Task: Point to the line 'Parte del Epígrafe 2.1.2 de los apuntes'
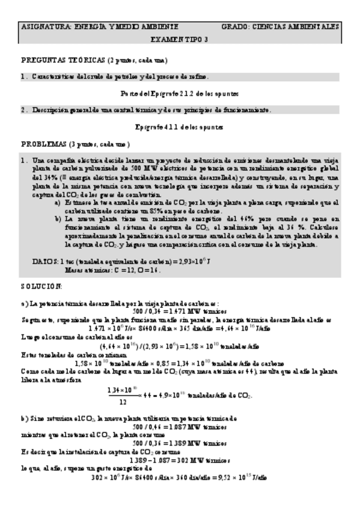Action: click(x=180, y=94)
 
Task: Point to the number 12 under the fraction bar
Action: click(x=123, y=401)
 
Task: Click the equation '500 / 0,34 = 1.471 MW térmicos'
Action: click(x=180, y=312)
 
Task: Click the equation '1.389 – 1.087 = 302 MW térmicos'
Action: click(x=180, y=460)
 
